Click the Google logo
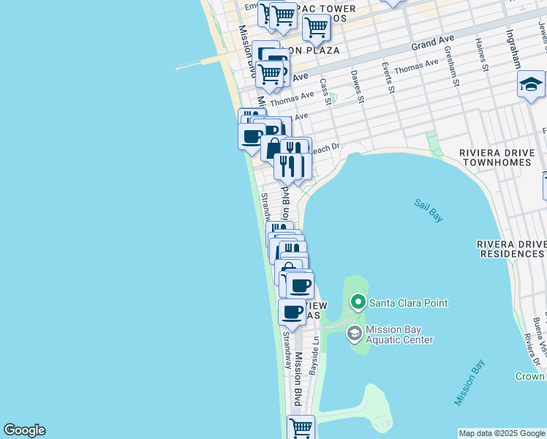coord(24,430)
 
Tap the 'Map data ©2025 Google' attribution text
coord(502,433)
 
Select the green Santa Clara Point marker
coord(358,302)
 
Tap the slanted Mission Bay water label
coord(469,383)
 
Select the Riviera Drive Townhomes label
coord(501,157)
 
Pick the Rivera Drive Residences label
coord(510,249)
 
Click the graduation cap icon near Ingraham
coord(530,85)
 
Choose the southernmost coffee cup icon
coord(292,312)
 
